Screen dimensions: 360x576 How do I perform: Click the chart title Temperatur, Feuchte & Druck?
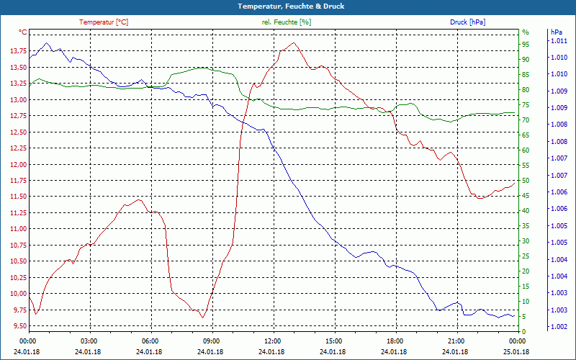click(x=288, y=6)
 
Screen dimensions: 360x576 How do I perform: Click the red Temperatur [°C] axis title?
click(x=104, y=22)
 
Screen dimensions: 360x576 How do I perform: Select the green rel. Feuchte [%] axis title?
click(x=287, y=22)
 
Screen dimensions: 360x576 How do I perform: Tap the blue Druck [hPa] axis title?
click(x=468, y=22)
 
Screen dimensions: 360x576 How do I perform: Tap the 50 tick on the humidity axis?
click(x=526, y=181)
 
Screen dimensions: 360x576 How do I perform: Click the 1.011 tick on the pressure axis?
click(x=558, y=41)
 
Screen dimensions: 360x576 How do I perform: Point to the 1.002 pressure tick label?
click(x=558, y=328)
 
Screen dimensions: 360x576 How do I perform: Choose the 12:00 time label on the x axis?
click(x=273, y=341)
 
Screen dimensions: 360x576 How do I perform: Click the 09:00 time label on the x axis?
click(x=212, y=341)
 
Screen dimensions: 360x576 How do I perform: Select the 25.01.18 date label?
click(x=516, y=351)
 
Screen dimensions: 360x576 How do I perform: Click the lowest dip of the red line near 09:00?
click(x=203, y=318)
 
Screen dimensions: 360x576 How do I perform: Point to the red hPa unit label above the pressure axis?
click(x=556, y=32)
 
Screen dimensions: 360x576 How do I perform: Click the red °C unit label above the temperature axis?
click(x=23, y=32)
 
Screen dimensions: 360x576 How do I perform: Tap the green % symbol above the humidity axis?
click(x=526, y=32)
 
